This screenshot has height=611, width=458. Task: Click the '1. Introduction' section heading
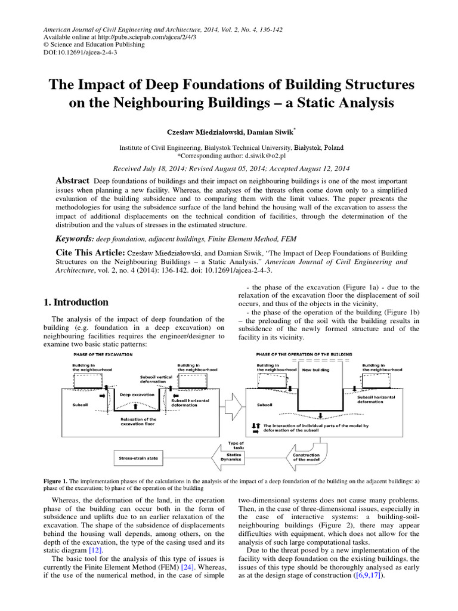click(76, 303)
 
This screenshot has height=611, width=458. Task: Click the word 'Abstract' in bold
click(72, 181)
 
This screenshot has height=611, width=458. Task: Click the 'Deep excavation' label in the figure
click(137, 394)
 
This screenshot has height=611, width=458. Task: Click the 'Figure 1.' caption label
click(56, 480)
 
